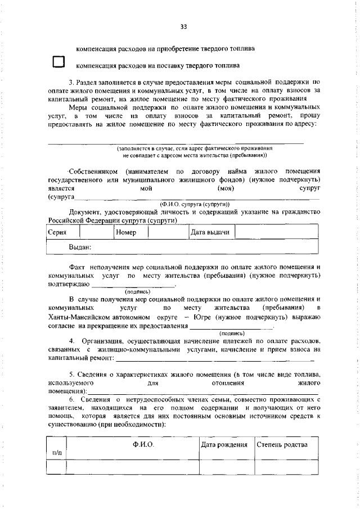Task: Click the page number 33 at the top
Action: pyautogui.click(x=183, y=26)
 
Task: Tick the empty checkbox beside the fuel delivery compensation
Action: pyautogui.click(x=59, y=62)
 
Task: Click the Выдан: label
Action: pyautogui.click(x=80, y=247)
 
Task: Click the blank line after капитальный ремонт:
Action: pyautogui.click(x=217, y=358)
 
